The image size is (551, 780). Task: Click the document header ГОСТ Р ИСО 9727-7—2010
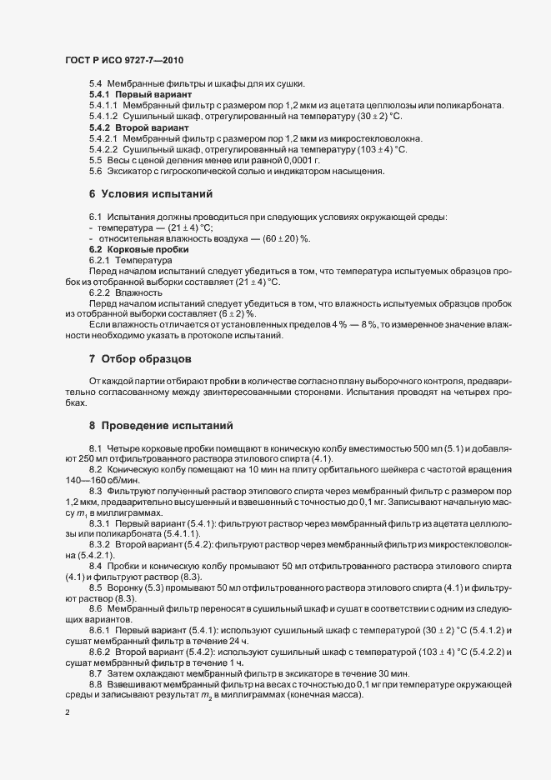pos(123,62)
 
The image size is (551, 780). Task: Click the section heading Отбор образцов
pos(147,360)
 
